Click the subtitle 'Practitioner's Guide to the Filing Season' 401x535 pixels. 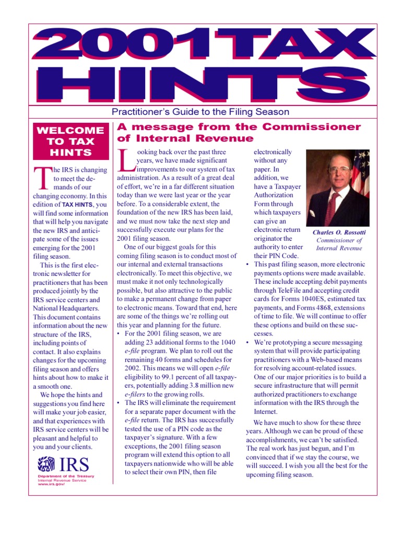[x=200, y=112]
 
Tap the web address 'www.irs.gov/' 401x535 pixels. [x=51, y=485]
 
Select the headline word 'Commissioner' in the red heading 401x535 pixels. [x=311, y=127]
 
